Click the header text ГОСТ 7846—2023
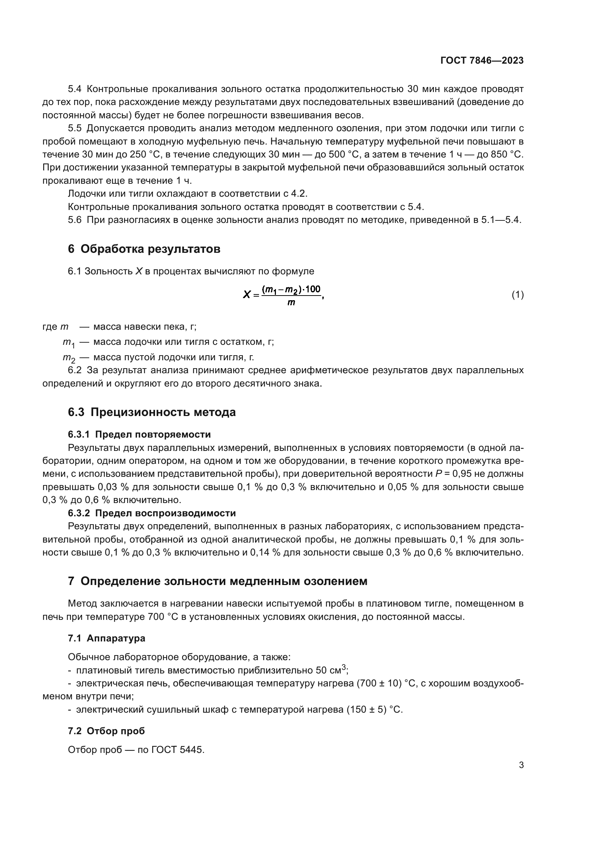point(482,60)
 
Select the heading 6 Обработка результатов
point(144,249)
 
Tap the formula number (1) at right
point(517,294)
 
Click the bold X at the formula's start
point(246,294)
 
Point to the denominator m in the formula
point(291,302)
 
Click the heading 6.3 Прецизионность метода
point(152,412)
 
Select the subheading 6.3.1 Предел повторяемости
point(139,434)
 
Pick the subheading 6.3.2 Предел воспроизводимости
point(152,513)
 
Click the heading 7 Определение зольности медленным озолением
point(217,581)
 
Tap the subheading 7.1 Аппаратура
point(106,638)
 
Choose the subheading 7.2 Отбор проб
point(106,731)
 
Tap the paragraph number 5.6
point(75,220)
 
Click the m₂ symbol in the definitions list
point(69,357)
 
